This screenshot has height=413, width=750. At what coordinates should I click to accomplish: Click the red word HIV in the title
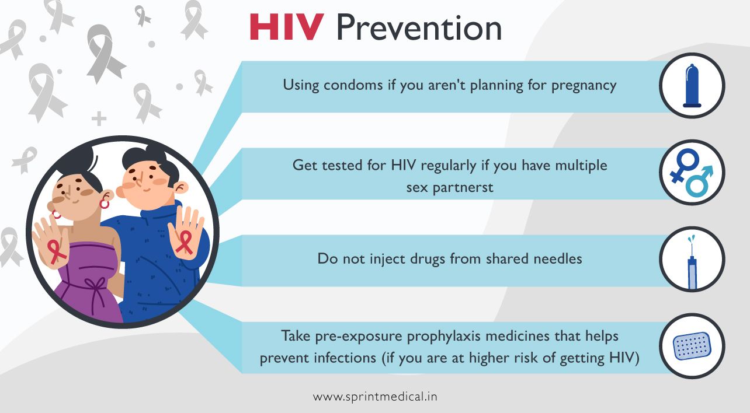286,27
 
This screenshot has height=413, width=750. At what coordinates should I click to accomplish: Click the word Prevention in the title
419,27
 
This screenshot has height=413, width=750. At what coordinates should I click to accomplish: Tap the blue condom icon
692,85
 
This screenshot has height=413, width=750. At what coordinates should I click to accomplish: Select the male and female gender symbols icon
692,172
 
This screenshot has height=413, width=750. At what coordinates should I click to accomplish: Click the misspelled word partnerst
450,187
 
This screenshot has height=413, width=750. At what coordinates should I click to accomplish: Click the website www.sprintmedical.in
375,397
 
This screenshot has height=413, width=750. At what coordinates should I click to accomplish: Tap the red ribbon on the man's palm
185,241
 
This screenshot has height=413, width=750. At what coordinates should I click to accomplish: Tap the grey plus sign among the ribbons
99,119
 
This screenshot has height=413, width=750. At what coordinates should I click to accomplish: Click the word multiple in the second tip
581,166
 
